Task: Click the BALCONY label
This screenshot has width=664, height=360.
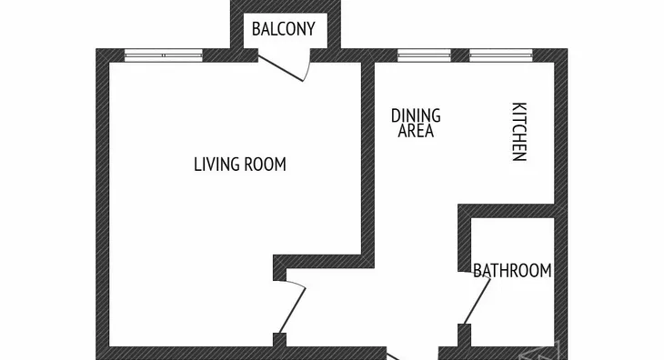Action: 283,29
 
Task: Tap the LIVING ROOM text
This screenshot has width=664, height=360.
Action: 240,165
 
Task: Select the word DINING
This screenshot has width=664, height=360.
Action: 416,116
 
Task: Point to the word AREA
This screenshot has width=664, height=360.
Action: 416,131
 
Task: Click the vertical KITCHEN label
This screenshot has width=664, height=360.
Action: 519,132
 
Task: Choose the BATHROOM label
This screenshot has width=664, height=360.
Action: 512,270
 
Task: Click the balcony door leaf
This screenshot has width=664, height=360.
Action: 281,68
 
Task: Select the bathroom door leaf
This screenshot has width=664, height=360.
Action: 478,301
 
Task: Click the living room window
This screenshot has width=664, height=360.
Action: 164,55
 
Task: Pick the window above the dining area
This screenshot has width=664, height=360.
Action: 424,55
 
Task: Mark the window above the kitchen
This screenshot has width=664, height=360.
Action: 501,55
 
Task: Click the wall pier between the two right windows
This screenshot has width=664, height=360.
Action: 460,55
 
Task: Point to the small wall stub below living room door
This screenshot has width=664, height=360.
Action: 279,340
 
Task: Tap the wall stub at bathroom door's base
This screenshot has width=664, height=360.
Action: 464,335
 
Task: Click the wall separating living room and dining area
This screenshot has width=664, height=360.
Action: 367,161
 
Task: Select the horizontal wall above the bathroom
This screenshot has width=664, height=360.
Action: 507,211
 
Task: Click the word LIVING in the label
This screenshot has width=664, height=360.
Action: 216,165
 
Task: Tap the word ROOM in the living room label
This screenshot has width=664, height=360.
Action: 266,165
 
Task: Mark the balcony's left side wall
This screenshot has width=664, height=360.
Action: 236,25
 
